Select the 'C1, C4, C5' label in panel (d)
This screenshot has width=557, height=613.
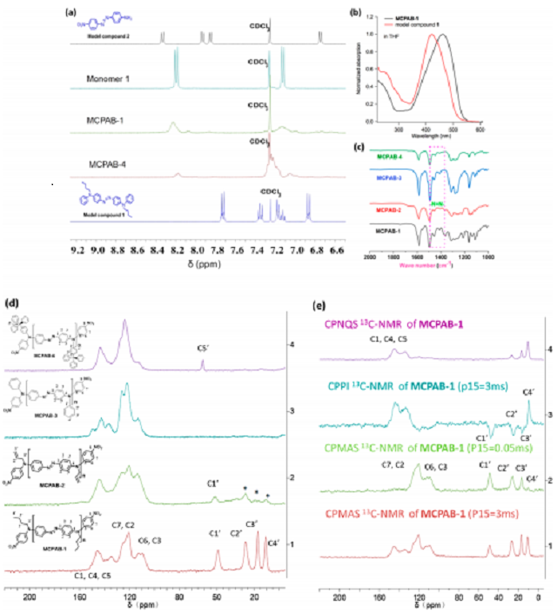[x=91, y=575]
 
